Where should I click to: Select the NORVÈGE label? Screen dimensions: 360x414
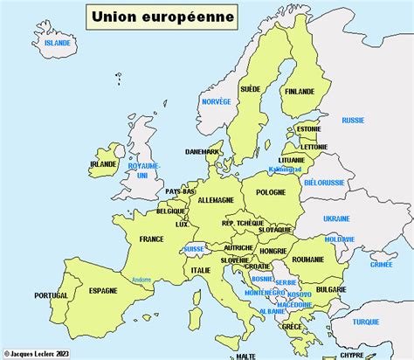pos(216,101)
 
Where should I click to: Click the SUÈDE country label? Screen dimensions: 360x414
pos(251,88)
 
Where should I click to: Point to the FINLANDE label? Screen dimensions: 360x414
pos(300,89)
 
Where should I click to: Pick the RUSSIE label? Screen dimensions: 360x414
pos(353,120)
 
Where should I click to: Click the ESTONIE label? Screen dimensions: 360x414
pos(309,129)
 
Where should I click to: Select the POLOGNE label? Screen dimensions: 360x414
pos(272,191)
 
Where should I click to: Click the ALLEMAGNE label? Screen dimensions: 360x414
pos(216,200)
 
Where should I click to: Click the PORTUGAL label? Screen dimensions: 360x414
pos(52,296)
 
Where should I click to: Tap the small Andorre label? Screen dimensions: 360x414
pos(141,280)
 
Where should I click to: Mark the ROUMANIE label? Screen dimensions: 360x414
pos(308,259)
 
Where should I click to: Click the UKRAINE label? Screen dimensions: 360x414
pos(336,218)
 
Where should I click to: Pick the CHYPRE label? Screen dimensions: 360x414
pos(350,355)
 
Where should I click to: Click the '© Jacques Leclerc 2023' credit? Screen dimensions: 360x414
pos(37,354)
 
